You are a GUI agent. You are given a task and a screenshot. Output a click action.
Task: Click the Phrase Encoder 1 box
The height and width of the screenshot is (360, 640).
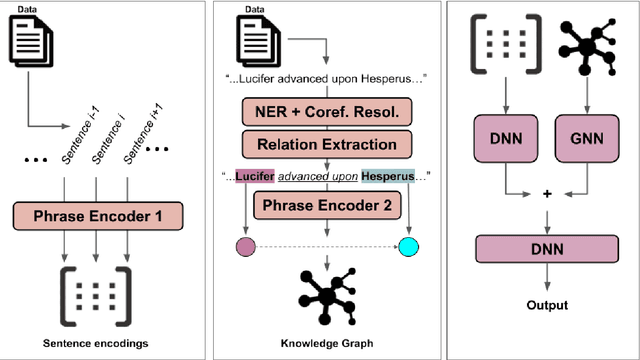(x=98, y=214)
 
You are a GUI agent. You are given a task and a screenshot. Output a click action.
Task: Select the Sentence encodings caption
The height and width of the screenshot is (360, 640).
(x=97, y=343)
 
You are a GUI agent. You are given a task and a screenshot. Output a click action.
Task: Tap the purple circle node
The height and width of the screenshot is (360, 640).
(x=242, y=245)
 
